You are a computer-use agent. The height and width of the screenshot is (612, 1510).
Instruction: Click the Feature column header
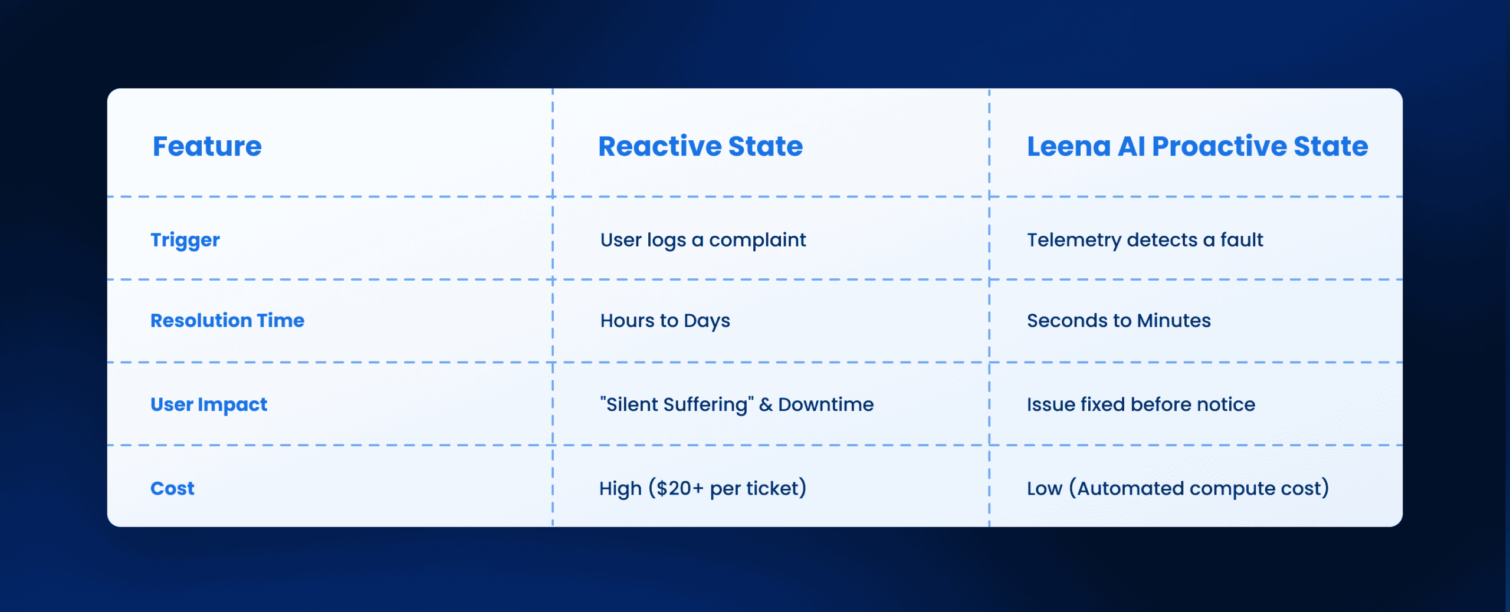[x=207, y=146]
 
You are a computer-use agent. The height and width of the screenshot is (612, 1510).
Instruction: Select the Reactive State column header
[x=700, y=146]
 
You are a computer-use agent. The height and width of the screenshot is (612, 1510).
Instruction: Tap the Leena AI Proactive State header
[x=1197, y=146]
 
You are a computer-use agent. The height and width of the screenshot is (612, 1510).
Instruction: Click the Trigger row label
[x=185, y=241]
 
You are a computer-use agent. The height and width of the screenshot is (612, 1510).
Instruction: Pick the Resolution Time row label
[x=227, y=321]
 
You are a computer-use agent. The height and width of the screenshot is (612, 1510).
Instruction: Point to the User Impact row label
[x=209, y=405]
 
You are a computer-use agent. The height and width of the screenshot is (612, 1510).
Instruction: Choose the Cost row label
[x=172, y=489]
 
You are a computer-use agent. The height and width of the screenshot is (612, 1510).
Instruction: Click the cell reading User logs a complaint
[x=703, y=241]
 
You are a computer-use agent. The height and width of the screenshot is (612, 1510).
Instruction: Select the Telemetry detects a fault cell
[x=1145, y=240]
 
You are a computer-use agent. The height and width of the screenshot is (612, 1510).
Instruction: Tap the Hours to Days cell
[x=665, y=321]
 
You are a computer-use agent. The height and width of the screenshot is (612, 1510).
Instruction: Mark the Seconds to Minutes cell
[x=1119, y=321]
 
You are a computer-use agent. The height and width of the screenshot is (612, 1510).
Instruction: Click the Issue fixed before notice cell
[x=1141, y=404]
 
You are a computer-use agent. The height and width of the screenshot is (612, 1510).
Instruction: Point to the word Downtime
[x=826, y=404]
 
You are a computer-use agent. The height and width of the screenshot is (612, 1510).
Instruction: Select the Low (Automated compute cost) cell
[x=1178, y=489]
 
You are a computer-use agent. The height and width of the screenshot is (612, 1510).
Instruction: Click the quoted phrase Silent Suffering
[x=677, y=405]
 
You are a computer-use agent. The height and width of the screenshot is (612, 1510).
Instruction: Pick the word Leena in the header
[x=1069, y=146]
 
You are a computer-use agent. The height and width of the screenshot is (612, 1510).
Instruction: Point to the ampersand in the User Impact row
[x=766, y=405]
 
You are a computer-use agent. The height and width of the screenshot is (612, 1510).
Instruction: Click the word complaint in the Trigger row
[x=757, y=241]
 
